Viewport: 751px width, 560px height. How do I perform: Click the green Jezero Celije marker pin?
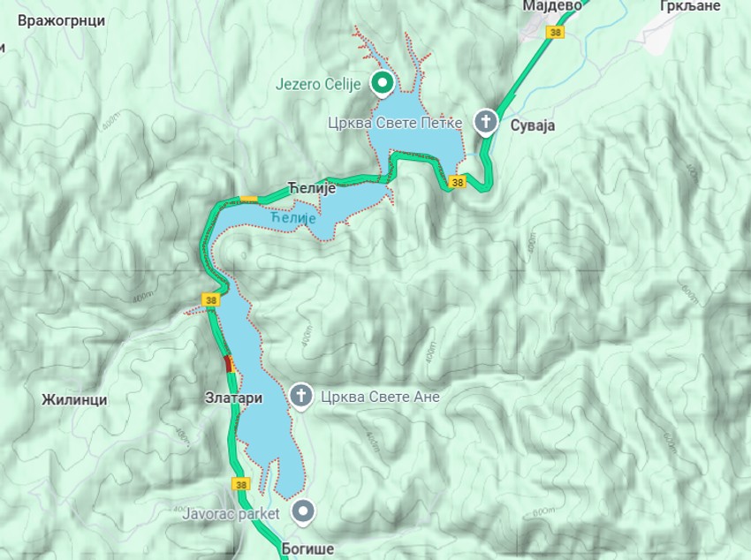pos(382,84)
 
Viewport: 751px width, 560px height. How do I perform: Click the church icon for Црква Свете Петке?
pos(485,121)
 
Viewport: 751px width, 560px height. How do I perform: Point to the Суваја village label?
pos(532,125)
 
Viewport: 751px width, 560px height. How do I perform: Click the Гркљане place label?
pos(686,5)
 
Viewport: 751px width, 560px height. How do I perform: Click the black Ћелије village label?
pos(308,187)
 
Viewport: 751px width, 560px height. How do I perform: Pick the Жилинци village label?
pos(74,399)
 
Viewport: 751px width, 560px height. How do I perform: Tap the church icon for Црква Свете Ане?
pos(300,397)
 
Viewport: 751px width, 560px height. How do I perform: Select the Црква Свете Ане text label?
pos(380,397)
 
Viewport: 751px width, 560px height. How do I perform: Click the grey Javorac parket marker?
pos(304,511)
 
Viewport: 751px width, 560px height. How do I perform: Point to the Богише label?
pos(307,549)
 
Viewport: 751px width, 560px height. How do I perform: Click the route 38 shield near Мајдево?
pos(555,33)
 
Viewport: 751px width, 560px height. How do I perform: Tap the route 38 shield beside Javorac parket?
pos(242,484)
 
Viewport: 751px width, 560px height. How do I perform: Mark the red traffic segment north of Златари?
pos(228,363)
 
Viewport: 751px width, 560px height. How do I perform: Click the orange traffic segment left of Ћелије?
pos(249,198)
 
